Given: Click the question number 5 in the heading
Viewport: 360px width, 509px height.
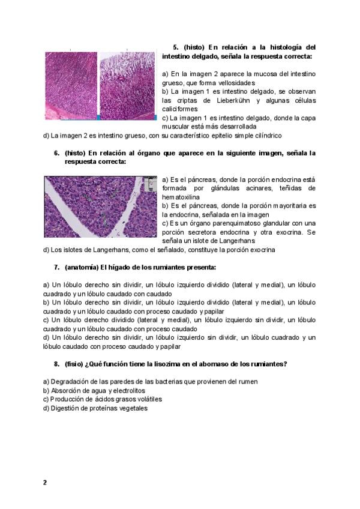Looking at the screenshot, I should tap(176, 47).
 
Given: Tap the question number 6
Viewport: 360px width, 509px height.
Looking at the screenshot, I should tap(56, 153).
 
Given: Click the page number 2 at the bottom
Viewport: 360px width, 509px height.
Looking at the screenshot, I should tap(44, 482).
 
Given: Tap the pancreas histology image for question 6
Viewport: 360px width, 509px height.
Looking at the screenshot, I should tap(101, 205).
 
